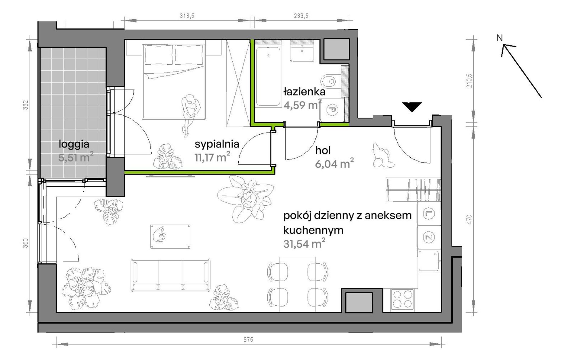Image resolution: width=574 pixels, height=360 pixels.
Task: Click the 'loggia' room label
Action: (74, 144)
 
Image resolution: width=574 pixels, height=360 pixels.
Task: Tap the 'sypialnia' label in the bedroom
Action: (217, 144)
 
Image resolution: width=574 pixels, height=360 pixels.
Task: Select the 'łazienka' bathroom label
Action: (305, 92)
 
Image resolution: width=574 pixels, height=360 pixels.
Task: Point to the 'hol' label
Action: (323, 150)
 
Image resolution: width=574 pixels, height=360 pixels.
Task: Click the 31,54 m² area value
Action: (304, 243)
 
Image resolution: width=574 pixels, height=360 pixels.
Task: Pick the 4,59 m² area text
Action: (302, 105)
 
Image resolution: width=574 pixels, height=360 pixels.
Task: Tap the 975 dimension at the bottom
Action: (248, 340)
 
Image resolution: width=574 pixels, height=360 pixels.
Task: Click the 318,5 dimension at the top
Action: (187, 16)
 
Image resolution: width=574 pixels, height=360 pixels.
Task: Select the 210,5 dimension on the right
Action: (469, 81)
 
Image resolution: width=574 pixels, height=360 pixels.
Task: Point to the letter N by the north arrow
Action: (500, 38)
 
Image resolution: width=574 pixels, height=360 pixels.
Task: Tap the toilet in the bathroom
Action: (329, 81)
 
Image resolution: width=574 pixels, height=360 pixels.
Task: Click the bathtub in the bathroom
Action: (268, 76)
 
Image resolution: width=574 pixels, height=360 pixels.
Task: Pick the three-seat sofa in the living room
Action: (170, 275)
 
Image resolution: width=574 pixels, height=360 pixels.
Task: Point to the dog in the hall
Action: (382, 155)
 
